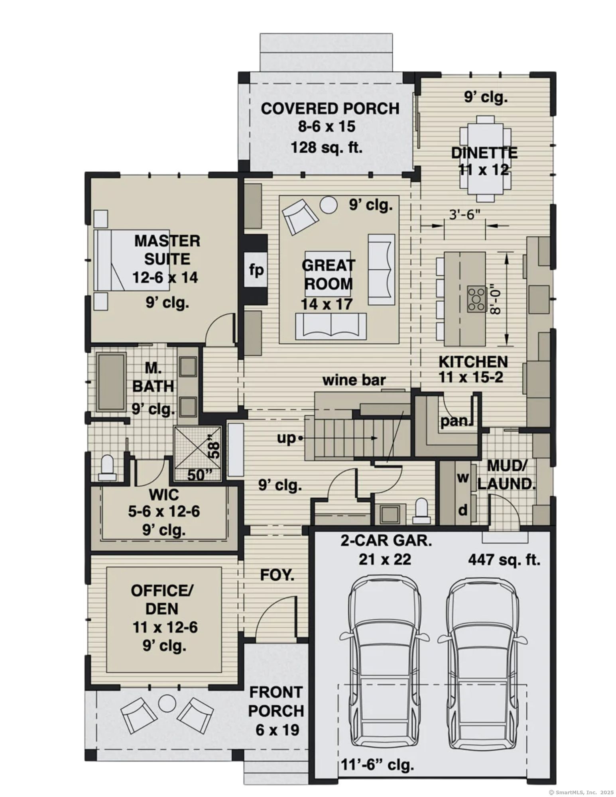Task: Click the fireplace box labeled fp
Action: click(256, 270)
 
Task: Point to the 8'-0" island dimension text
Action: click(495, 299)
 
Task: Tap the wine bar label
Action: click(354, 380)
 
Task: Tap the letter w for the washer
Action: click(462, 477)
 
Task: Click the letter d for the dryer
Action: click(462, 510)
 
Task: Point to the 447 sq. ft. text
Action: click(504, 560)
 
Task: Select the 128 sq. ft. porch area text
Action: click(327, 147)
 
